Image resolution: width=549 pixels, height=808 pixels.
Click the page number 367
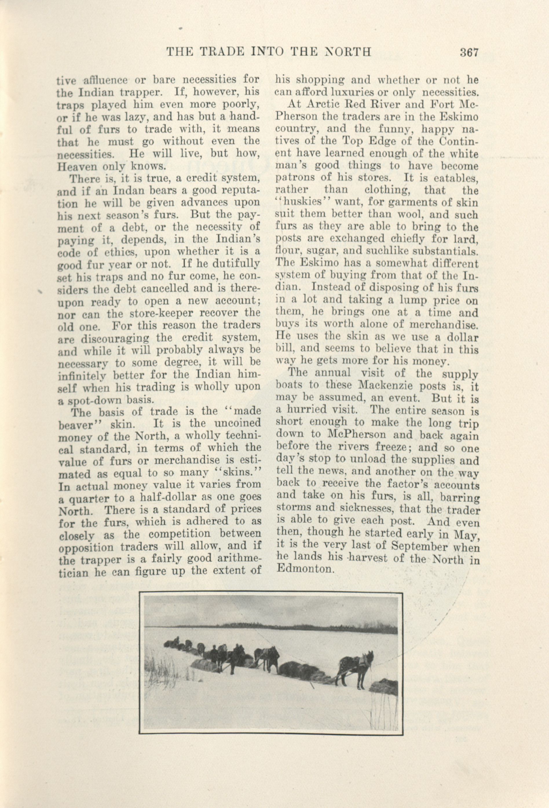pyautogui.click(x=469, y=52)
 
